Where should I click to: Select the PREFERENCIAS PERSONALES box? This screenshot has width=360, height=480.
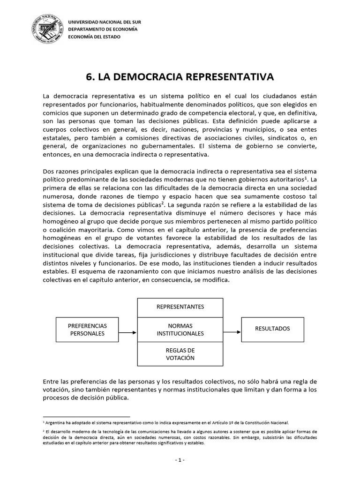[88, 329]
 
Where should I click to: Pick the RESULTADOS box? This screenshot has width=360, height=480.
[272, 329]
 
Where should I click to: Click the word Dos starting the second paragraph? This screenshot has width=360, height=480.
[48, 171]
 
